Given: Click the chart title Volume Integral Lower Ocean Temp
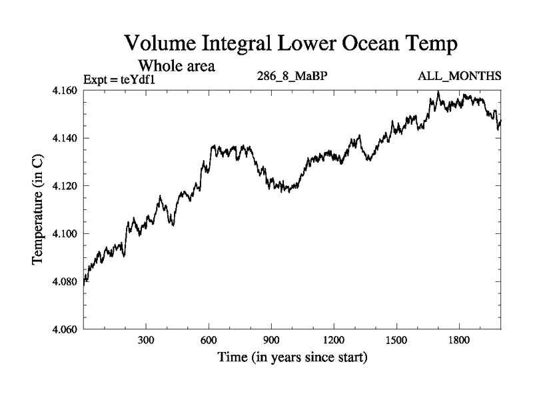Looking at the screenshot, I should coord(291,45).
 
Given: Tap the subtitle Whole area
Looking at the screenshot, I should coord(176,66).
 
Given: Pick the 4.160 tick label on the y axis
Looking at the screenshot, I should coord(65,90).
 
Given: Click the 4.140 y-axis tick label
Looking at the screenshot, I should coord(65,138).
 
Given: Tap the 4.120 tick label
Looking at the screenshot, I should coord(65,186).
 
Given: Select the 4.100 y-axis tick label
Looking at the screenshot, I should coord(65,234).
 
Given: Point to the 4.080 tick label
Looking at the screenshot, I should coord(65,282).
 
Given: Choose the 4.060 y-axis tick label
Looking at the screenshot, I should coord(65,330).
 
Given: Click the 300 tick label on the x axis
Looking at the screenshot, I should coord(146,340).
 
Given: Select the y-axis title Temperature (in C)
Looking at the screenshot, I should coord(39,210).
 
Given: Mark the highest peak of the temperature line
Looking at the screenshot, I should coord(438,91).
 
